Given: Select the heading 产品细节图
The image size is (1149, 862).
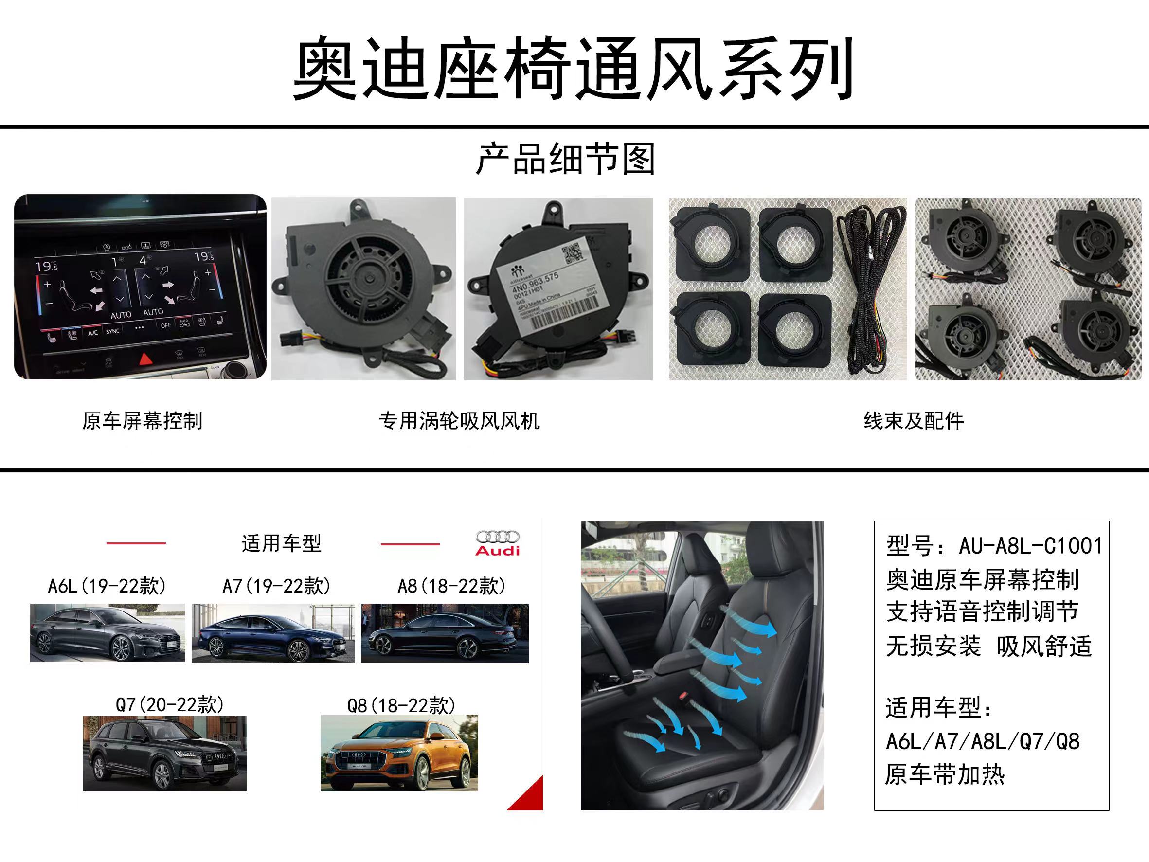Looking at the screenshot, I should tap(565, 159).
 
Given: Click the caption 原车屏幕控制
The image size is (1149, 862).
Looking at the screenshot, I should tap(142, 421).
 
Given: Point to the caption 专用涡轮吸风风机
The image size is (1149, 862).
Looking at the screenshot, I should tap(459, 421).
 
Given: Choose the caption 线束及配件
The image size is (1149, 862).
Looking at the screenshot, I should tap(913, 421).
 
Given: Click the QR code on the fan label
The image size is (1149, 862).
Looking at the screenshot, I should tap(574, 254).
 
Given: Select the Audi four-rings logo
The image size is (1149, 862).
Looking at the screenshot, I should tap(497, 537).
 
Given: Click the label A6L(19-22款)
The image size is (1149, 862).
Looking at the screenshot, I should tap(107, 586).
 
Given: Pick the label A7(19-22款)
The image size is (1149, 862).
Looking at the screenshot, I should tap(276, 586).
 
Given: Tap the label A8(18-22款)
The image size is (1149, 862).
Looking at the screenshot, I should tap(451, 586).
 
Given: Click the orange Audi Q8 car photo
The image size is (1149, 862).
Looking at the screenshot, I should tap(399, 753).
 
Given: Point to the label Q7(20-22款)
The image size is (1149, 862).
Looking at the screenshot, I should tap(169, 705).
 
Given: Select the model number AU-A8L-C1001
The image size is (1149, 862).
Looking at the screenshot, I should tap(1030, 546).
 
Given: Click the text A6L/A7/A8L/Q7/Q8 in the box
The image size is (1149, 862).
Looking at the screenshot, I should tap(982, 741).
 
